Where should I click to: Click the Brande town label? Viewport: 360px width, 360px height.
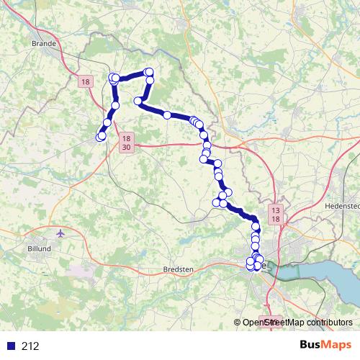(44, 42)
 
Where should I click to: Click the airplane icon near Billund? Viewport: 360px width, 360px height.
(60, 234)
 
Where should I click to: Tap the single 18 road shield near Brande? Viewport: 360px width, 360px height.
(86, 83)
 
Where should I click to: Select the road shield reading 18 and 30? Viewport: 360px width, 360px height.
(127, 142)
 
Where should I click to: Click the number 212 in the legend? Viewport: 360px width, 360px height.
(30, 346)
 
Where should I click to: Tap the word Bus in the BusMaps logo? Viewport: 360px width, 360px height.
(311, 345)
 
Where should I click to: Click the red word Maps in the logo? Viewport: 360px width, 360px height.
(337, 345)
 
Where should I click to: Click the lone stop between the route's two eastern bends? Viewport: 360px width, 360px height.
(167, 114)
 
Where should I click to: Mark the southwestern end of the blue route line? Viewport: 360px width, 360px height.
(99, 138)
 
